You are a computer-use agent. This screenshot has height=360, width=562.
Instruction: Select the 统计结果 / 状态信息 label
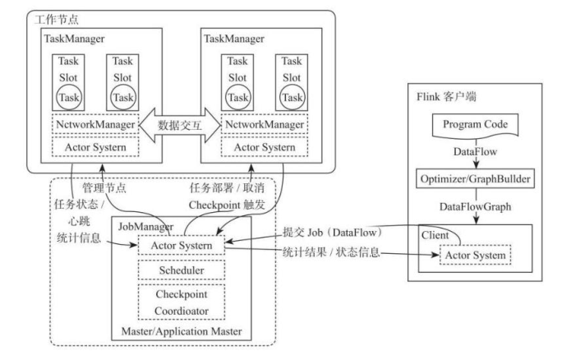[x=329, y=252]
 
